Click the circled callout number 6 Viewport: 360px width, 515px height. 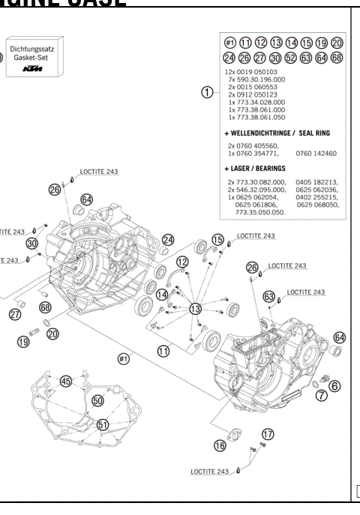(334, 385)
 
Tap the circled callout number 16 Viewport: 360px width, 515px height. (220, 445)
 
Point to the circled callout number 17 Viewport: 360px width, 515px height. (268, 434)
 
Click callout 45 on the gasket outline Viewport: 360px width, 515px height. (66, 382)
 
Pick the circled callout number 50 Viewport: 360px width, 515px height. (97, 401)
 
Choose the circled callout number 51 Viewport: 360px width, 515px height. (103, 424)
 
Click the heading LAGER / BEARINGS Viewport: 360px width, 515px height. (259, 169)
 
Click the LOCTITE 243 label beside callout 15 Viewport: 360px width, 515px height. (256, 235)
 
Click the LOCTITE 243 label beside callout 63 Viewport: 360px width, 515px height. (305, 292)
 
